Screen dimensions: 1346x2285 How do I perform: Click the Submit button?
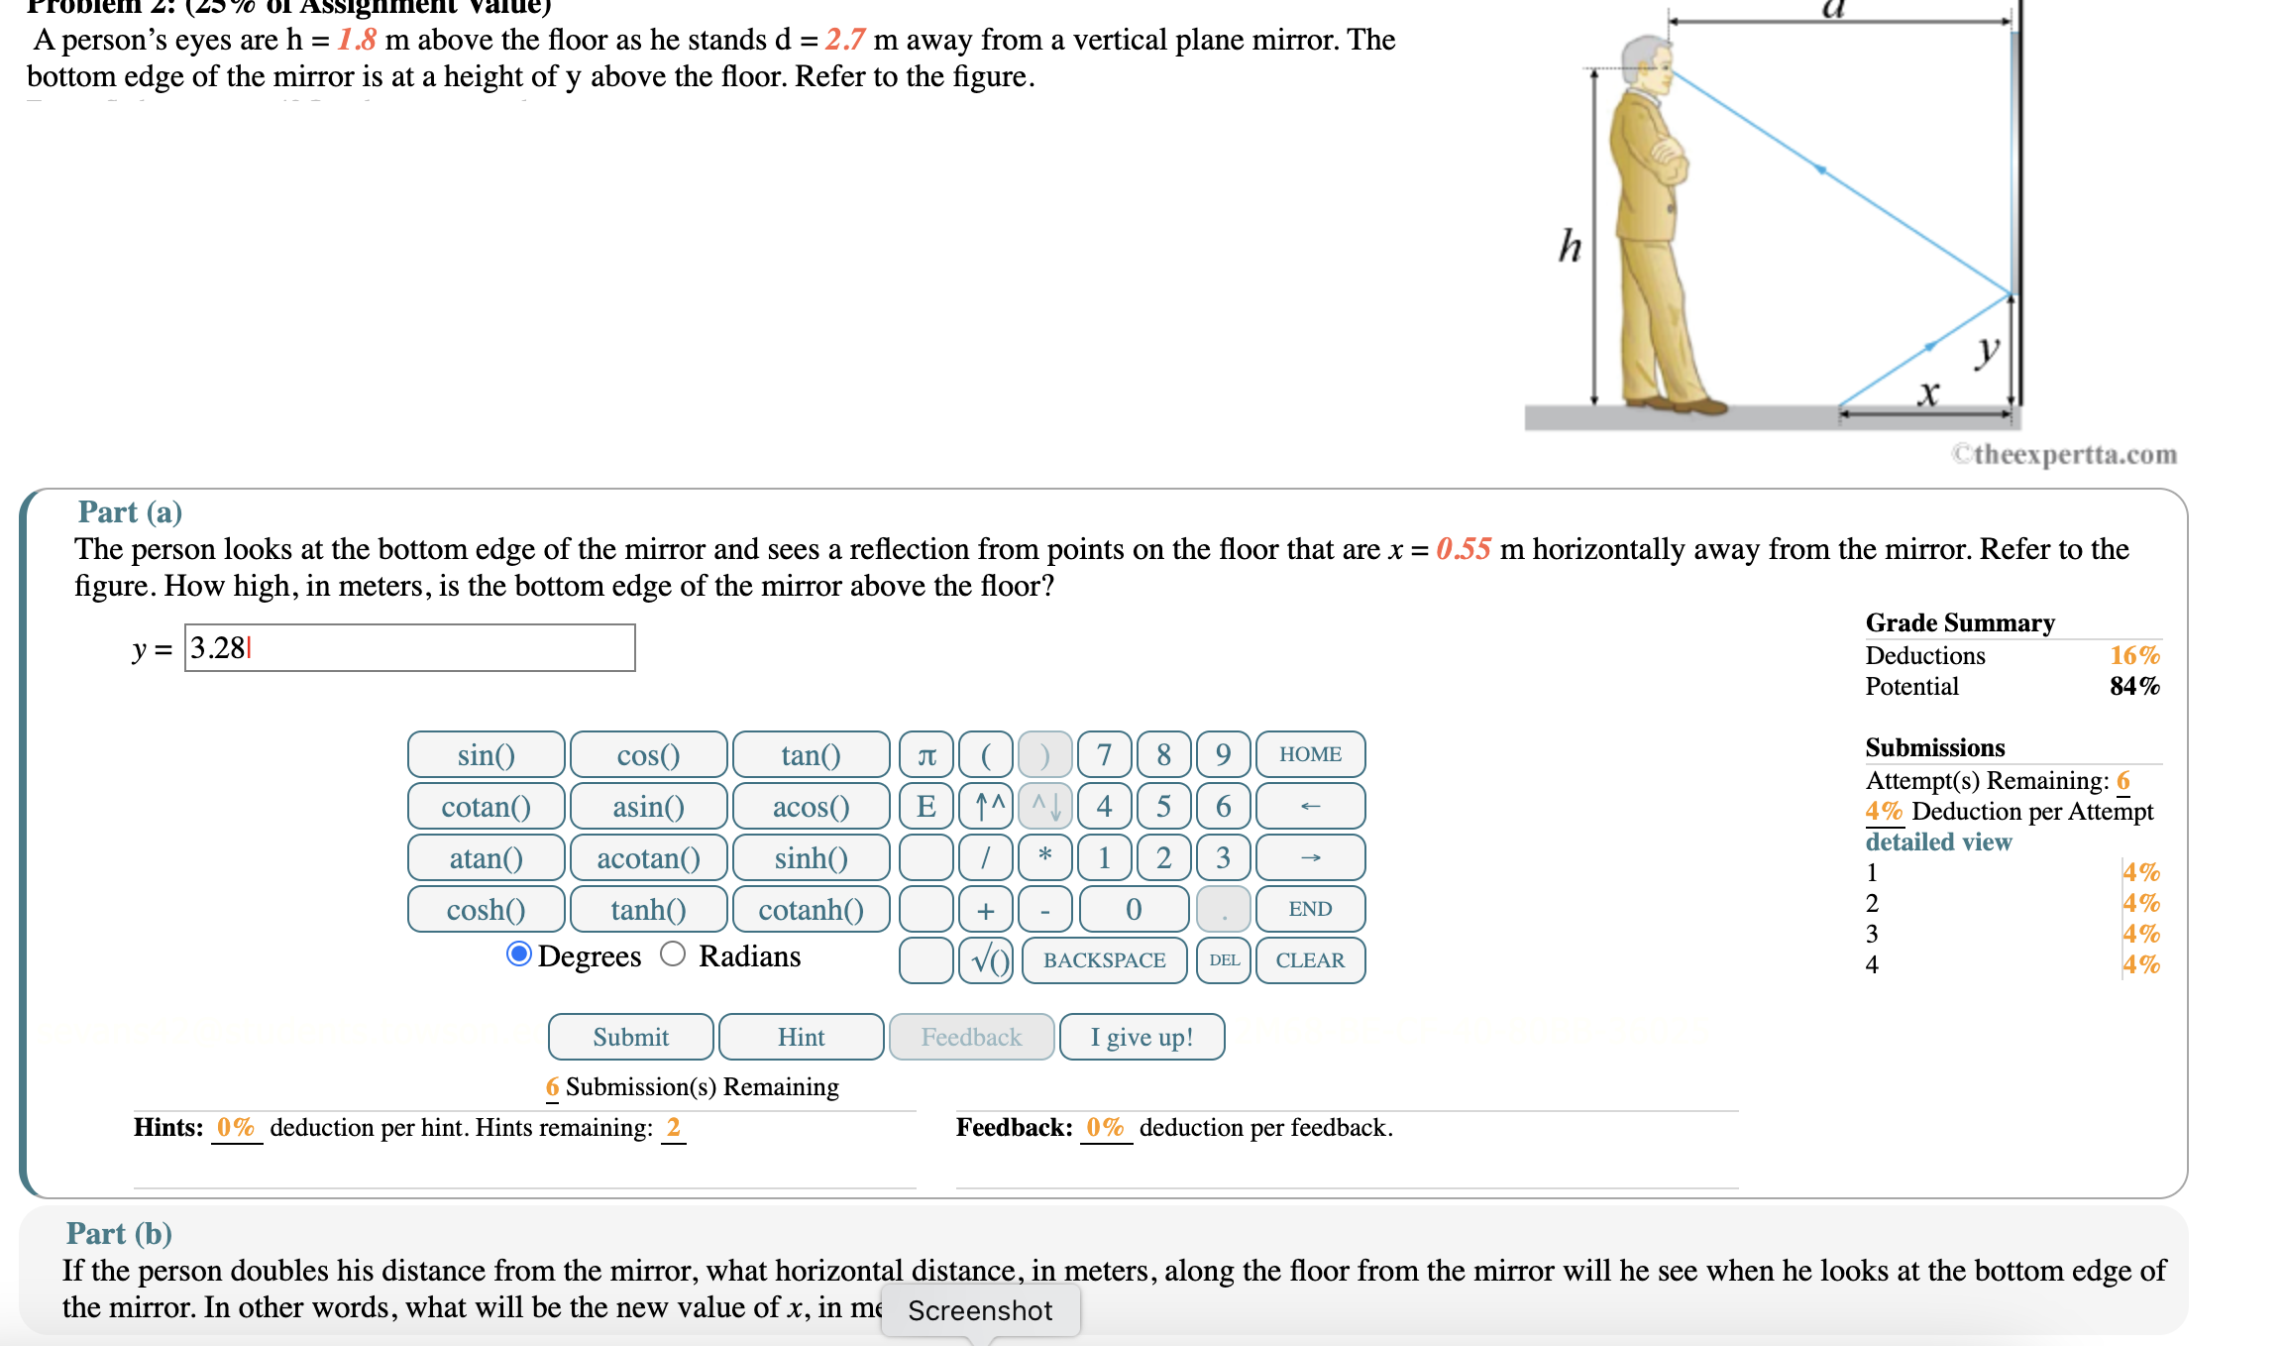pyautogui.click(x=630, y=1037)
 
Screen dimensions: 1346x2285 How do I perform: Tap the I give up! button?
pyautogui.click(x=1142, y=1037)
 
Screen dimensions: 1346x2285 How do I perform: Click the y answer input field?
pyautogui.click(x=409, y=648)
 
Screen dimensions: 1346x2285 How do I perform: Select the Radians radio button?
pyautogui.click(x=673, y=954)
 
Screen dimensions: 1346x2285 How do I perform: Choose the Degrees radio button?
pyautogui.click(x=518, y=954)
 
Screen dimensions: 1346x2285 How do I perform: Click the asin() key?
pyautogui.click(x=648, y=807)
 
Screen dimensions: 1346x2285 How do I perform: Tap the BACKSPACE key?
pyautogui.click(x=1104, y=960)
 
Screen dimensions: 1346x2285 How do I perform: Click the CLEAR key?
pyautogui.click(x=1309, y=960)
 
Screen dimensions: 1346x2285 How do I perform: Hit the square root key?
pyautogui.click(x=986, y=960)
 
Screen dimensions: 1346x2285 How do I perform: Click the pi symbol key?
pyautogui.click(x=926, y=755)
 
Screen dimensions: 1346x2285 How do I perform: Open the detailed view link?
pyautogui.click(x=1937, y=841)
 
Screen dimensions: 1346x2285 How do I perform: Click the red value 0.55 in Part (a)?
pyautogui.click(x=1463, y=549)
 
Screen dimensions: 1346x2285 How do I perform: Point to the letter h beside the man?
pyautogui.click(x=1570, y=246)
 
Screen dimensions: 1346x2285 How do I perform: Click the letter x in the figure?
pyautogui.click(x=1927, y=393)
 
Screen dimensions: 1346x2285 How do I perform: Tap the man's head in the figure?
pyautogui.click(x=1646, y=63)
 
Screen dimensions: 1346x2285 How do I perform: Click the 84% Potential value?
pyautogui.click(x=2133, y=686)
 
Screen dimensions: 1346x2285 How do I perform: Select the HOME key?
pyautogui.click(x=1309, y=755)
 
